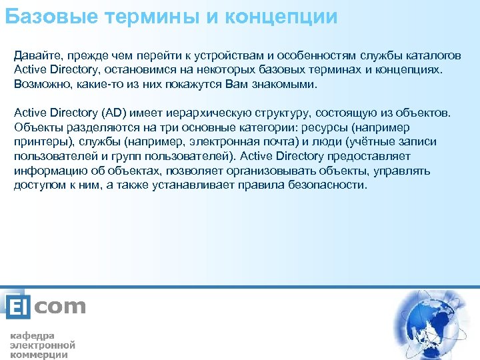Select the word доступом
[x=37, y=185]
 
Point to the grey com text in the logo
[x=59, y=307]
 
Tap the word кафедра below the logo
[x=32, y=335]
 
